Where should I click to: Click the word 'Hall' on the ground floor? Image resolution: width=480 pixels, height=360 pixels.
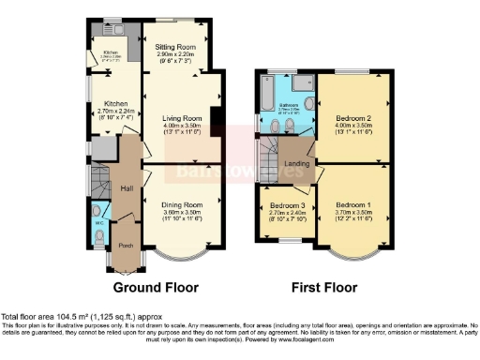[127, 188]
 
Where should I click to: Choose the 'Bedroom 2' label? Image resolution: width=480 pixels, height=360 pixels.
[355, 118]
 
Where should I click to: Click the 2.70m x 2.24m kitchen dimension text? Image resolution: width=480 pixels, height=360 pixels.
[115, 111]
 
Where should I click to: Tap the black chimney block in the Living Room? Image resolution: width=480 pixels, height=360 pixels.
[215, 116]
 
